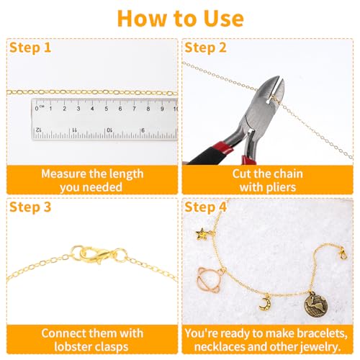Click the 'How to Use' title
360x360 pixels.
[180, 17]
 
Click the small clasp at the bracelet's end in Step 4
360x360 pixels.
[343, 253]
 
